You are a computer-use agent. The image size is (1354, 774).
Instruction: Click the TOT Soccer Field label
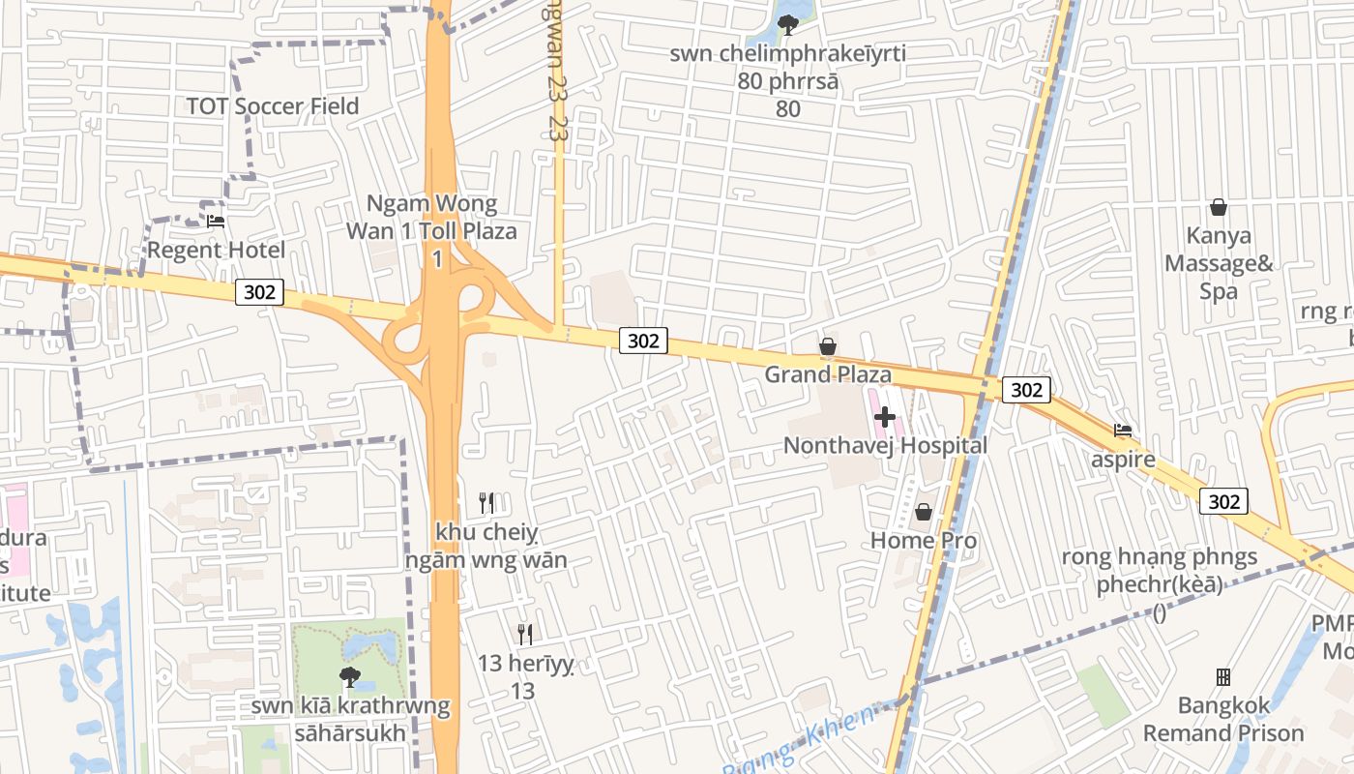(x=272, y=106)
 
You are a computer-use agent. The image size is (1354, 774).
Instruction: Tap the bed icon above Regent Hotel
(x=216, y=222)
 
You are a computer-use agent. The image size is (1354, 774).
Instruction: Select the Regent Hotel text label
(x=216, y=251)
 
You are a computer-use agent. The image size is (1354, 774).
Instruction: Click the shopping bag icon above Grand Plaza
(x=828, y=346)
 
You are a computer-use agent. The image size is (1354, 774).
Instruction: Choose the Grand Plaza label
(x=828, y=374)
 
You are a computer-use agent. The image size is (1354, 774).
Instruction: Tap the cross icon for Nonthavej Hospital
(x=885, y=418)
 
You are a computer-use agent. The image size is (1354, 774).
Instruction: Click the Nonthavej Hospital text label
(x=885, y=446)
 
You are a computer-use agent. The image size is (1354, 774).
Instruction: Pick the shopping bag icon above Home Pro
(x=924, y=512)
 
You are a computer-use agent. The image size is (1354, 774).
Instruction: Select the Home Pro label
(x=924, y=541)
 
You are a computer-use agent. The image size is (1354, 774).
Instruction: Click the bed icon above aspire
(x=1123, y=431)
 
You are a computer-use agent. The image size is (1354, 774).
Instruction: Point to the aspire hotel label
(x=1123, y=459)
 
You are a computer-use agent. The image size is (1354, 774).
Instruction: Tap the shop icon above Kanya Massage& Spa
(x=1219, y=207)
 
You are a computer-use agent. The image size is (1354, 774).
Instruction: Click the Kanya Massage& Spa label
(x=1219, y=263)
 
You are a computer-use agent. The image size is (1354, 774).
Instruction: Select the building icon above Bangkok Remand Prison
(x=1223, y=676)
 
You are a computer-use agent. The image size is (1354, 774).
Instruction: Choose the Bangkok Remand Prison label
(x=1223, y=719)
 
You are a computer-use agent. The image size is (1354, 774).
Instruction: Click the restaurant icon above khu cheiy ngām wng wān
(x=486, y=503)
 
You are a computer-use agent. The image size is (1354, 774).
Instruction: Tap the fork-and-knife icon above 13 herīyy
(x=524, y=635)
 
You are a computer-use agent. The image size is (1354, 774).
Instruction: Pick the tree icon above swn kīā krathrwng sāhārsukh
(x=350, y=677)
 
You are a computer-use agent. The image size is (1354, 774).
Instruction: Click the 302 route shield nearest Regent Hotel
(x=259, y=292)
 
